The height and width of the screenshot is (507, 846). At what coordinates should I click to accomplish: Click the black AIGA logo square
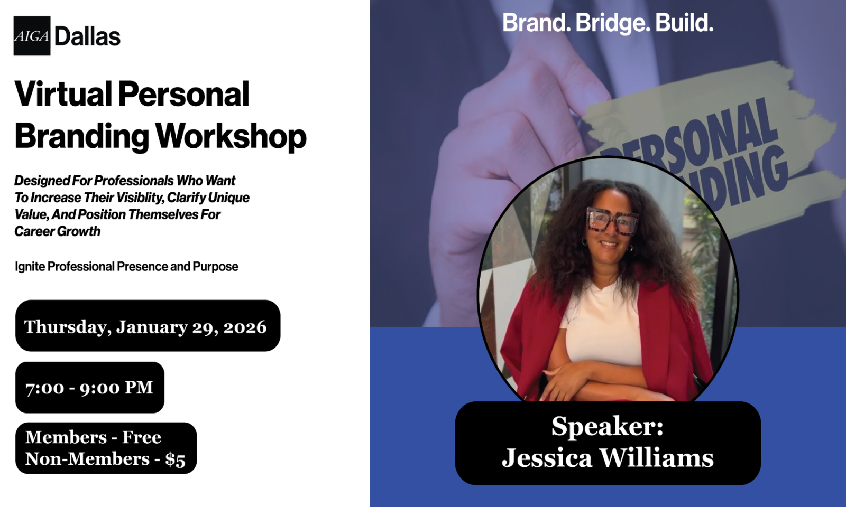pos(32,36)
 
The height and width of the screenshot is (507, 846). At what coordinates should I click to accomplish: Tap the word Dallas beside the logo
pos(88,37)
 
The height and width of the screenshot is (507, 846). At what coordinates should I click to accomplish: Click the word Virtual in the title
pos(63,93)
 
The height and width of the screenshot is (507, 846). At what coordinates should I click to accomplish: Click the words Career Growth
pos(58,231)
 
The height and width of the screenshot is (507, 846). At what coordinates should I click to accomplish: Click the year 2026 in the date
pos(245,327)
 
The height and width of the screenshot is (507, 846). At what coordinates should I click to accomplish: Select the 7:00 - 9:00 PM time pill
pos(90,388)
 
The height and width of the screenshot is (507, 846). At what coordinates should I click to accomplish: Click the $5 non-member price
pos(175,459)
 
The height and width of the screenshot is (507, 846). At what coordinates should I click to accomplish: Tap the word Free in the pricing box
pos(142,438)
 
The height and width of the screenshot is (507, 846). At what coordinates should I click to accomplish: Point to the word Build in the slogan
pos(684,23)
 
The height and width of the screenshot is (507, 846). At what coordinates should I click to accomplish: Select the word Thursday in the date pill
pos(68,327)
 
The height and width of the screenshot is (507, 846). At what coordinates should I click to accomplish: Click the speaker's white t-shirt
pos(601,324)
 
